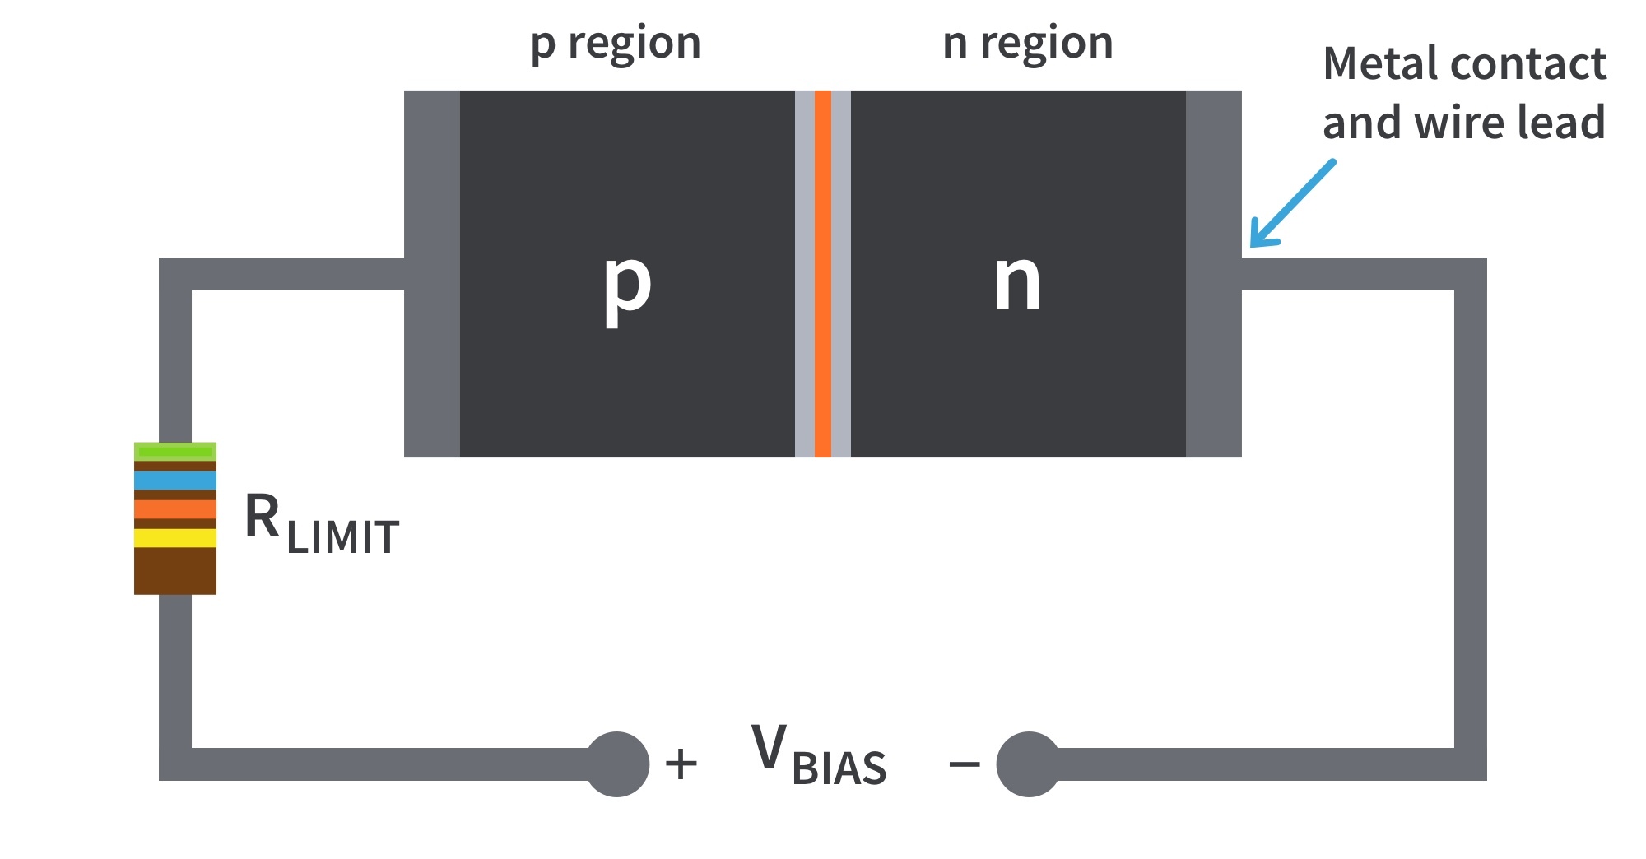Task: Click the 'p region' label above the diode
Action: (616, 44)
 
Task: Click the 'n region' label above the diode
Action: (1027, 44)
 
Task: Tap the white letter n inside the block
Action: (1017, 282)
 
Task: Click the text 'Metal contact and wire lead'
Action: (1464, 93)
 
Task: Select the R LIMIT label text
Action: (322, 524)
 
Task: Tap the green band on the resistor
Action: (175, 451)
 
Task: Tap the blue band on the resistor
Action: (175, 481)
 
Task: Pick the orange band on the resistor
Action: (175, 509)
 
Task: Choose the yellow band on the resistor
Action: (175, 538)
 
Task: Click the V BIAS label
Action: (818, 755)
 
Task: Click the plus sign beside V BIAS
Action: (681, 764)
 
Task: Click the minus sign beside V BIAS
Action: (964, 765)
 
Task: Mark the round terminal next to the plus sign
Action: (617, 764)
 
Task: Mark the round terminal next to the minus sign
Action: (1028, 764)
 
